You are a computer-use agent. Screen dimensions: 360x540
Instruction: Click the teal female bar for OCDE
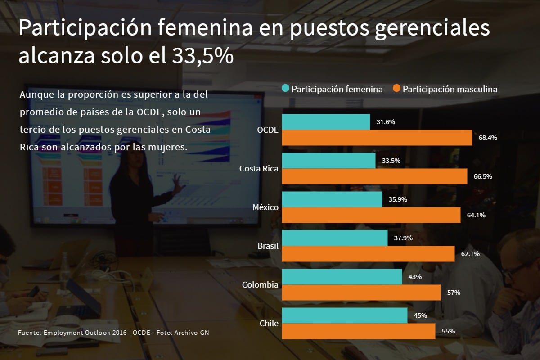(x=326, y=122)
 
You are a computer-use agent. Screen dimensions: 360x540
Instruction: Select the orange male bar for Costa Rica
(x=374, y=176)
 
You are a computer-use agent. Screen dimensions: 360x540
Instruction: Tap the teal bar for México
(x=332, y=199)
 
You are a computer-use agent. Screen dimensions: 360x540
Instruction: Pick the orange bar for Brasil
(x=368, y=254)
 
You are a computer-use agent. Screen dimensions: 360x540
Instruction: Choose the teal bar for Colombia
(x=342, y=277)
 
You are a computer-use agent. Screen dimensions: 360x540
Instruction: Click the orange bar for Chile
(x=358, y=331)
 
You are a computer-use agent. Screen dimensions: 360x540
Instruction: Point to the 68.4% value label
(x=488, y=138)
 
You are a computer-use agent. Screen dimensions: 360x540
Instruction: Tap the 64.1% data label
(x=476, y=215)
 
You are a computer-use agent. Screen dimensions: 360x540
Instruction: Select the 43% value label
(x=414, y=277)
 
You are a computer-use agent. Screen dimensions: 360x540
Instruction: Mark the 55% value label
(x=448, y=331)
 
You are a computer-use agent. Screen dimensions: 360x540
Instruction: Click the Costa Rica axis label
(x=259, y=169)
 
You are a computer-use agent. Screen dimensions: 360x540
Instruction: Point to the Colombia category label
(x=260, y=285)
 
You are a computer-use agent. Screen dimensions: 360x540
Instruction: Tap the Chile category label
(x=269, y=324)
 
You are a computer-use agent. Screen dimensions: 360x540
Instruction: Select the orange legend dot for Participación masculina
(x=396, y=89)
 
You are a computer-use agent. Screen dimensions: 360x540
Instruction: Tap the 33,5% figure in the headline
(x=202, y=56)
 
